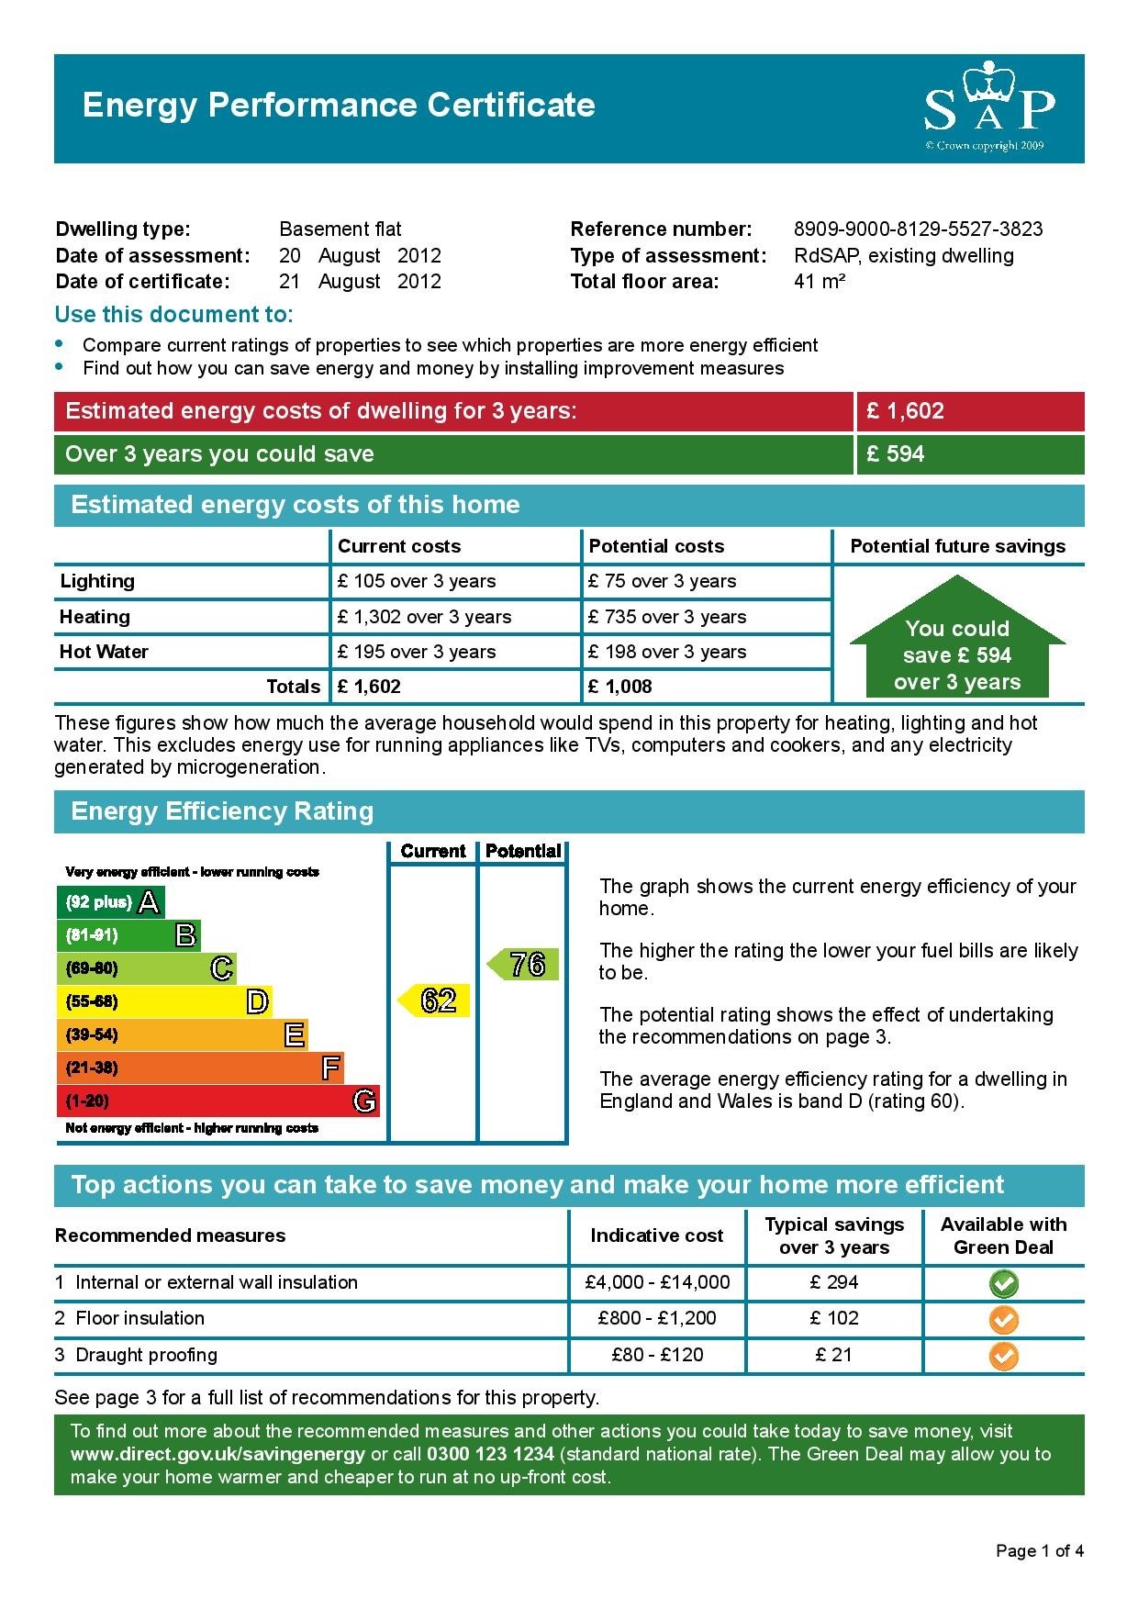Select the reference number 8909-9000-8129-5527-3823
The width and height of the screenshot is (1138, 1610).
[918, 229]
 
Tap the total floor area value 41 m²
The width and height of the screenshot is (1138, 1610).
[819, 282]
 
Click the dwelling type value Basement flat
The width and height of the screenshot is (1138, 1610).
[340, 229]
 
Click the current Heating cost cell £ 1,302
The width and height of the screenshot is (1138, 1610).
[424, 617]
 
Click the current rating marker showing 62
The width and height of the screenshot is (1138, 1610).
[434, 1000]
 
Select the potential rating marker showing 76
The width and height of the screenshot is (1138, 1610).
[523, 965]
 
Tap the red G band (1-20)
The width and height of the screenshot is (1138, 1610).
[218, 1101]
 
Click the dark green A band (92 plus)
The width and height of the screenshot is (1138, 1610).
[110, 902]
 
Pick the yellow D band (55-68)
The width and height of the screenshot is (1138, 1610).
[164, 1001]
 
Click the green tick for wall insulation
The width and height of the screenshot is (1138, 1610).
[1004, 1283]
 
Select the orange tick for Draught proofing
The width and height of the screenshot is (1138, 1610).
[1004, 1356]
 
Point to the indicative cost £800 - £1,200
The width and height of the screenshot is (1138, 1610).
[656, 1319]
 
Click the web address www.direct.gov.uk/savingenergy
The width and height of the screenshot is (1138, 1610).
[218, 1454]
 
